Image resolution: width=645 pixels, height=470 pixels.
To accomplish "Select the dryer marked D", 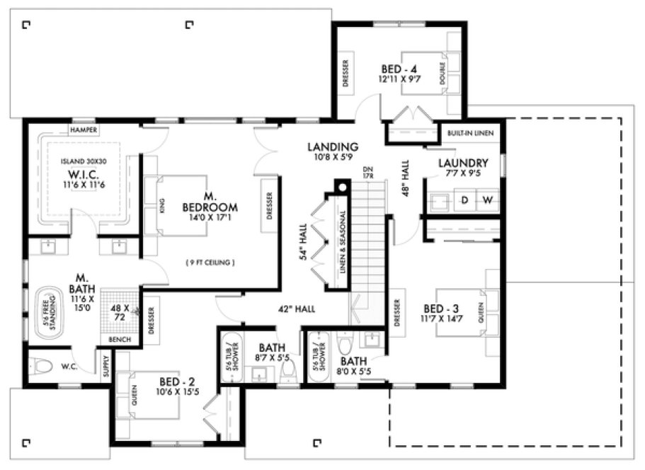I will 465,200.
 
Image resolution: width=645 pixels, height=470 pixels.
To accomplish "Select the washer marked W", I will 487,200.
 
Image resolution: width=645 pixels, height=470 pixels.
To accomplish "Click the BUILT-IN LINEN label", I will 471,133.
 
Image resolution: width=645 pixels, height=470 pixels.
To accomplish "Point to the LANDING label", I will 333,147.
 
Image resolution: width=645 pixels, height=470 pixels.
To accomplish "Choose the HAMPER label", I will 83,130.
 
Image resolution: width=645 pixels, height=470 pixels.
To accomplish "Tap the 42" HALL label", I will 296,309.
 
